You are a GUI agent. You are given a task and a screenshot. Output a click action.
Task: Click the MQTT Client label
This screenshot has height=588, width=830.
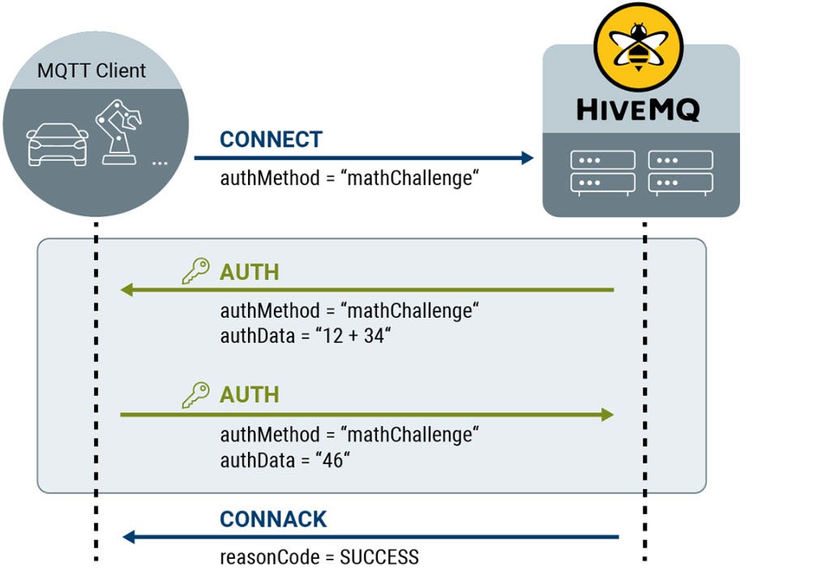coord(92,71)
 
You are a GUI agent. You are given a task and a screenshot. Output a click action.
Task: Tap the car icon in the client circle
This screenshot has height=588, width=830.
coord(57,146)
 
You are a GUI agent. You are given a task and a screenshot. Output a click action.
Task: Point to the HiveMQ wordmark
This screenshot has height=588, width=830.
coord(639,109)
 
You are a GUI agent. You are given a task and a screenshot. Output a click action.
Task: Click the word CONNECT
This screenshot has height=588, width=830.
coord(271,139)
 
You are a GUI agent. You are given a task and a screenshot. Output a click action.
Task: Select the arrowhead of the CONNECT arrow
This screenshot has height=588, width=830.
coord(527,157)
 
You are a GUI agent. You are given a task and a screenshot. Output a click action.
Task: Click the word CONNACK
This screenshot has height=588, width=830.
coord(273,519)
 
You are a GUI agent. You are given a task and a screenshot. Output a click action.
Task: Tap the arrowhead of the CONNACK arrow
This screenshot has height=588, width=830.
coord(127,536)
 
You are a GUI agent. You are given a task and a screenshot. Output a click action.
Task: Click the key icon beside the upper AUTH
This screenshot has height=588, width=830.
coord(195,271)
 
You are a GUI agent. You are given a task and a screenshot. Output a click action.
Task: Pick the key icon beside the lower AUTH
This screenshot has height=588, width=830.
coord(195,395)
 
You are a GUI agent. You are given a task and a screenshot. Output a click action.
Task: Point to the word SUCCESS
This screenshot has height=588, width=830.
coord(379,557)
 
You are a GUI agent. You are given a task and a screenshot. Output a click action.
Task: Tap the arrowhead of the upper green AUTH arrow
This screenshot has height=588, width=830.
coord(126,290)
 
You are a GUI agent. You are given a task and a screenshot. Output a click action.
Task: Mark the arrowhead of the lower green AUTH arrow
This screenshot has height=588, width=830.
coord(607,414)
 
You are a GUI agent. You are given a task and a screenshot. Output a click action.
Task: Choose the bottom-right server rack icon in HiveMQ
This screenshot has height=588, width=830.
coord(680,182)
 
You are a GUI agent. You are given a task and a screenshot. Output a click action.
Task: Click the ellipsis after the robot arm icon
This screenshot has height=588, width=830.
coord(160,162)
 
